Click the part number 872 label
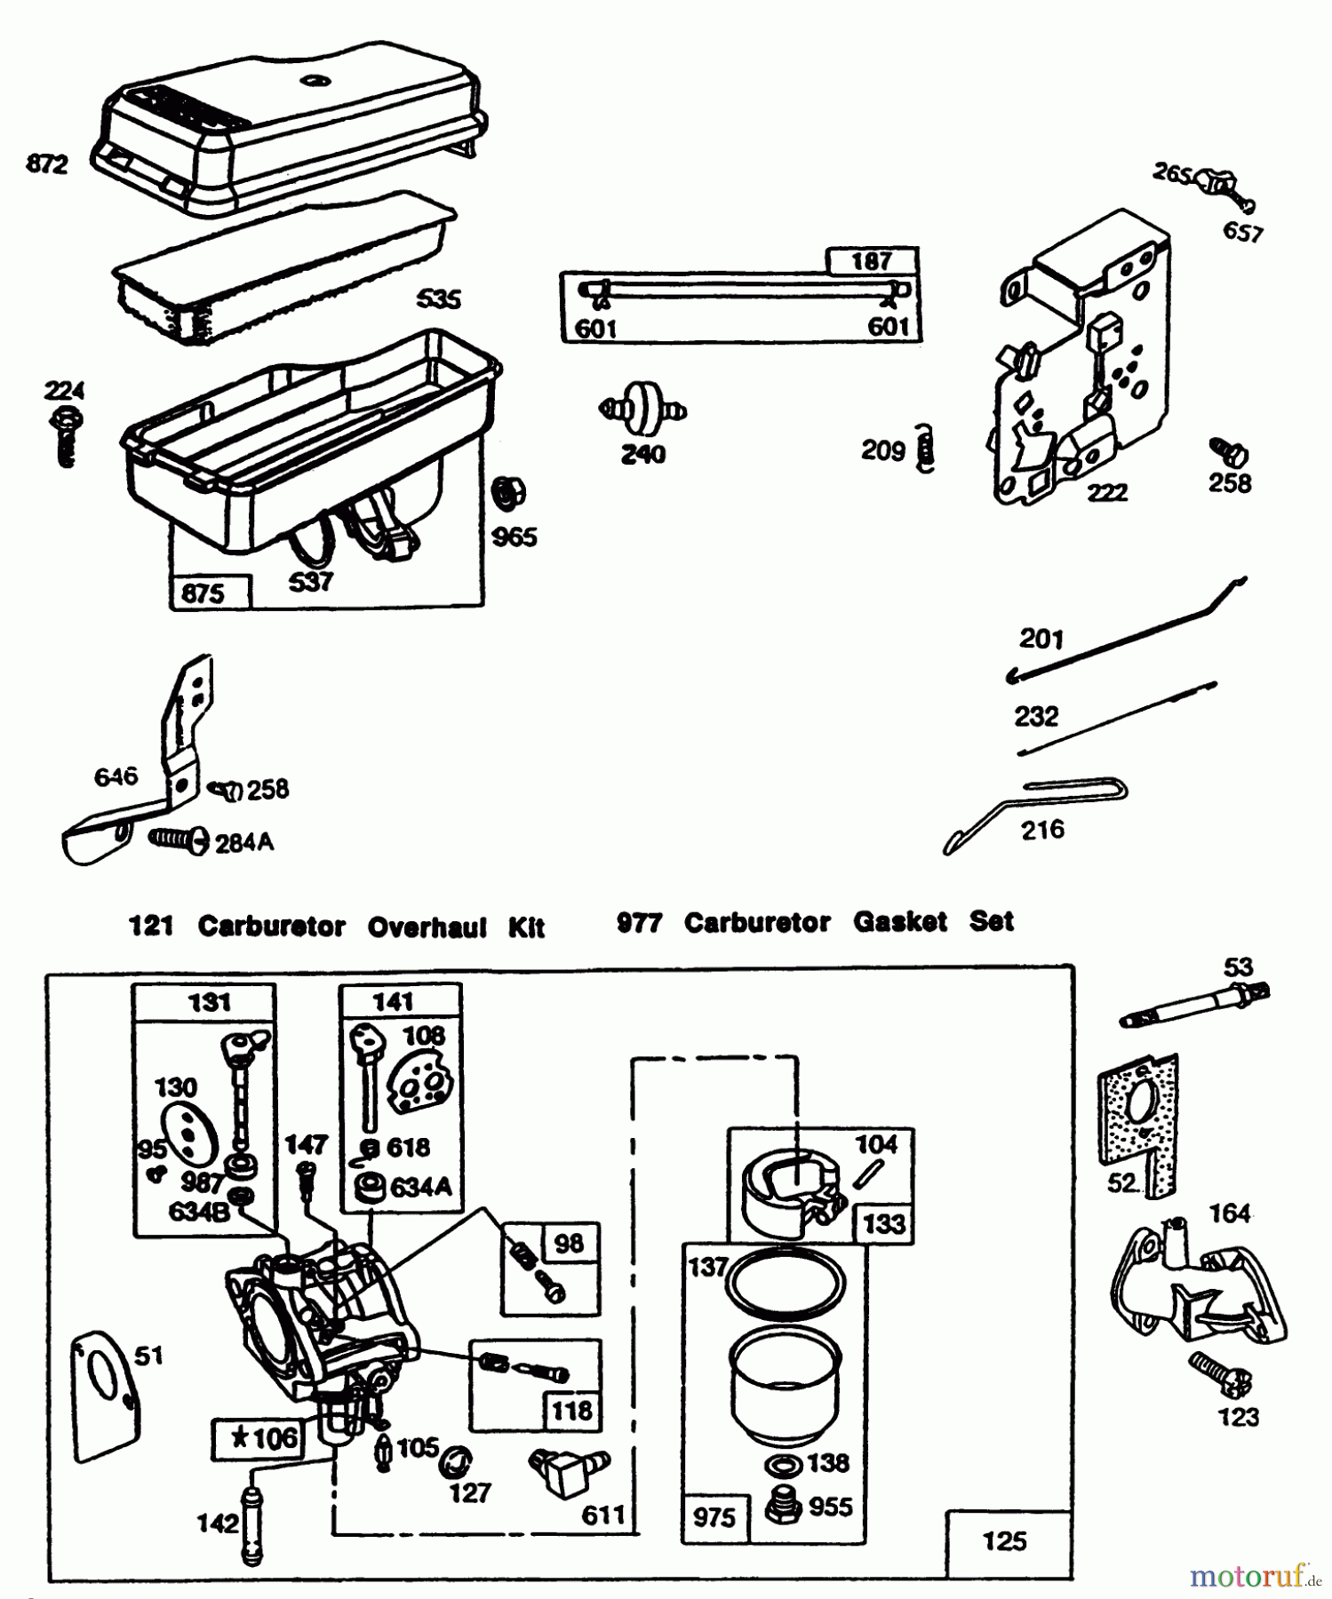47,164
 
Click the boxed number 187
872,261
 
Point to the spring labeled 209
925,449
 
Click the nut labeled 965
508,494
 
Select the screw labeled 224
67,435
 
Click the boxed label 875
203,593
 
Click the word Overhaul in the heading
427,927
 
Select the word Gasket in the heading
900,922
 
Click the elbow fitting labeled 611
563,1469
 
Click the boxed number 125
1006,1541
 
